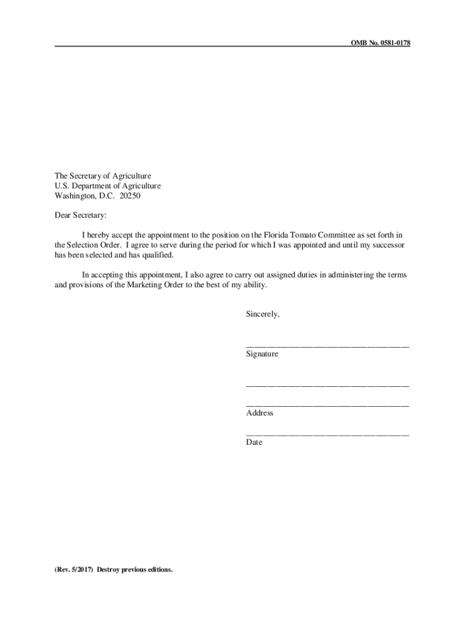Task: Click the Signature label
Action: [x=262, y=354]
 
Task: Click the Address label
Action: [x=260, y=413]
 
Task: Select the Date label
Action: [x=254, y=442]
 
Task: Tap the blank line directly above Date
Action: [x=327, y=434]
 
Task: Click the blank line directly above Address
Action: [x=327, y=405]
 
